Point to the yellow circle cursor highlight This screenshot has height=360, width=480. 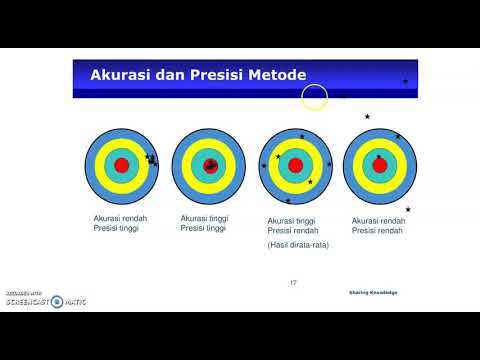pos(315,97)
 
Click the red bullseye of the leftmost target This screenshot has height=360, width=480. pos(121,165)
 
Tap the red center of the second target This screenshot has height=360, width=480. pos(209,165)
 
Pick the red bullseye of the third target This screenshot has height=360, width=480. pos(295,165)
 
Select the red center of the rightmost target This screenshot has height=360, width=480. pos(379,165)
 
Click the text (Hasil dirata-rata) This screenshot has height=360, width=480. pos(299,244)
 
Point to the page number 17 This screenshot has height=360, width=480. pos(293,283)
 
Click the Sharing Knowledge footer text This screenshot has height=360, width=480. pos(373,292)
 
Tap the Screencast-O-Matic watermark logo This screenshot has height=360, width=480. pos(45,300)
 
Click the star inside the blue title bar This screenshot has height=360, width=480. pos(405,81)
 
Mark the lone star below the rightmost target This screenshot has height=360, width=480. pos(408,209)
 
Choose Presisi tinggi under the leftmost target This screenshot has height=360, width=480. pos(115,228)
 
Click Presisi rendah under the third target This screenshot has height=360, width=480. pos(292,230)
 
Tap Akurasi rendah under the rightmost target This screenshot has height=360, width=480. pos(379,220)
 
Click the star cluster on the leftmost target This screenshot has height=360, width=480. pos(151,160)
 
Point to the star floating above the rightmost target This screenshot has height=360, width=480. pos(367,117)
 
